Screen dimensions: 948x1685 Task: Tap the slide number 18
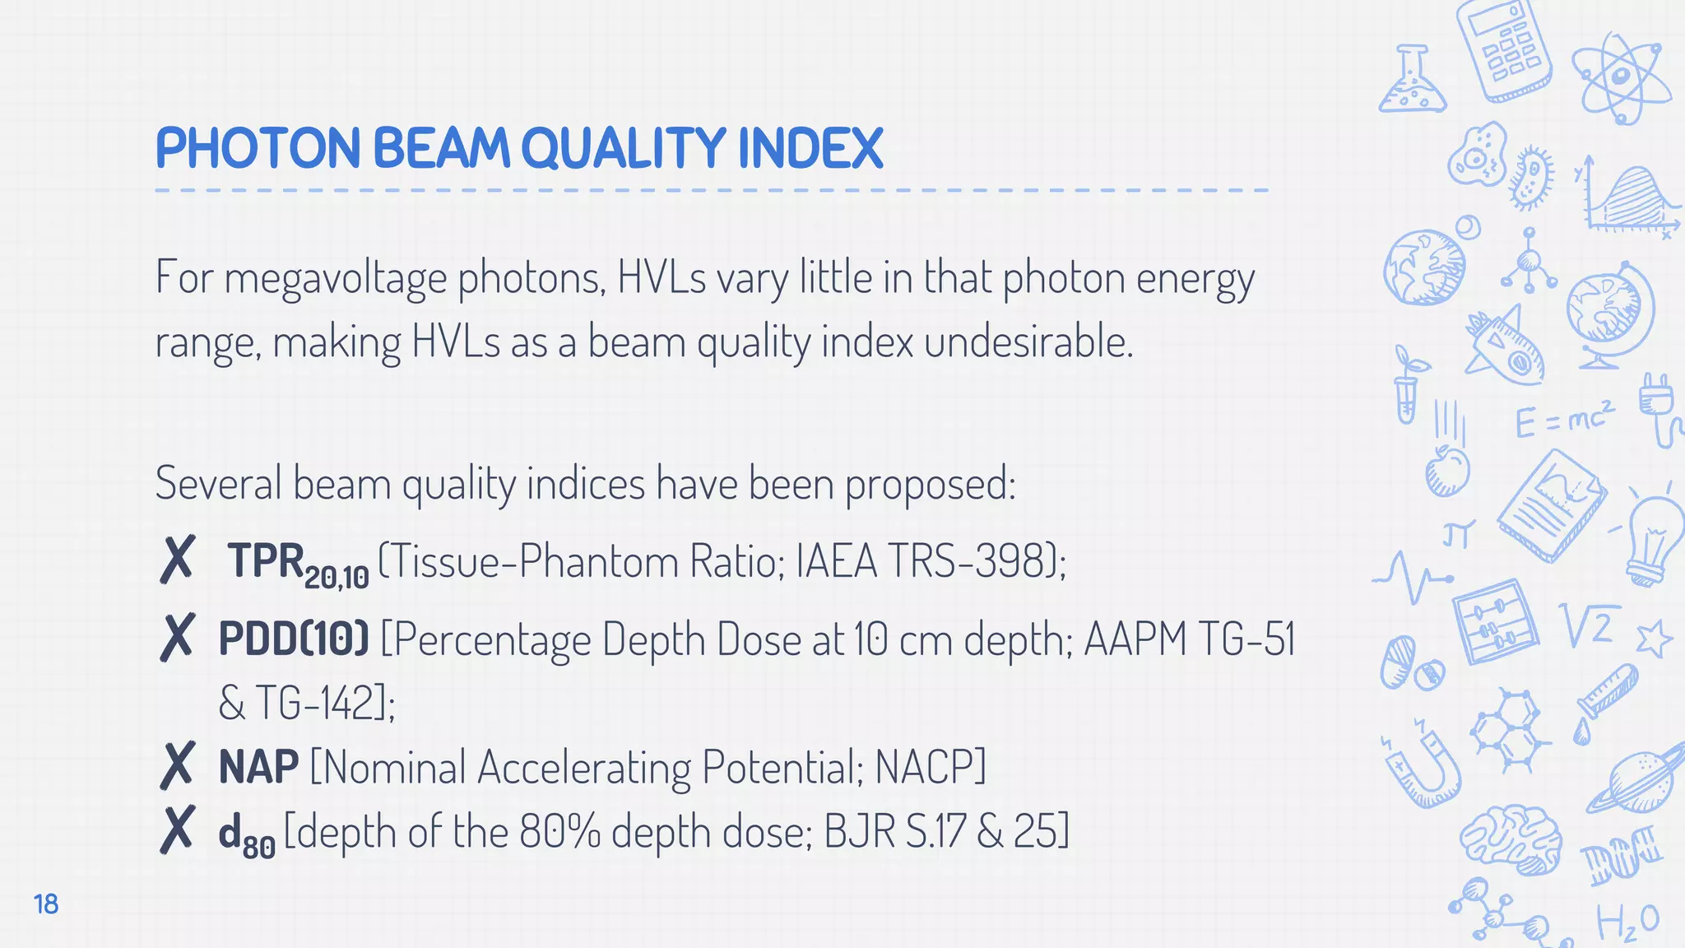(x=46, y=904)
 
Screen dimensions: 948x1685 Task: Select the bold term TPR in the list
(x=266, y=561)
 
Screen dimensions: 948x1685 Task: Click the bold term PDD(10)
(x=294, y=639)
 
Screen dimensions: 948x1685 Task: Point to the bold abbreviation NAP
(x=258, y=767)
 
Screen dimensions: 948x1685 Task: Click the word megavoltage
(x=336, y=278)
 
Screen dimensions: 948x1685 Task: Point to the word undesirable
(x=1028, y=342)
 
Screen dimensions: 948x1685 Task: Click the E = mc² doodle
(x=1564, y=420)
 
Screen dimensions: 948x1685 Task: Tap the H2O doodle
(x=1627, y=922)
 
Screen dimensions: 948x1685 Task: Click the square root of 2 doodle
(x=1590, y=625)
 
